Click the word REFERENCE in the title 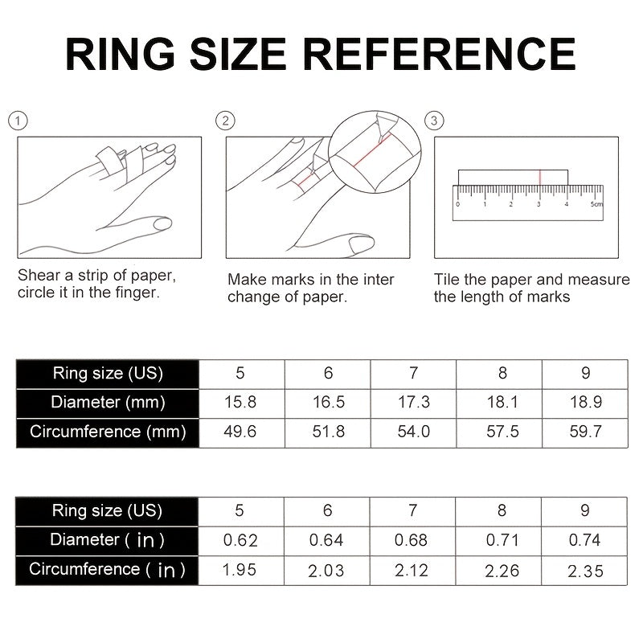point(440,54)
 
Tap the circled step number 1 point(18,121)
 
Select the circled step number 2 point(225,121)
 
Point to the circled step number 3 point(434,121)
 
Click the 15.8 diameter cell point(240,403)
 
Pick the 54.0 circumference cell point(413,432)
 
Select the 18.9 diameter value point(586,403)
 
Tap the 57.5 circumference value point(503,432)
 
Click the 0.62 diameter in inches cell point(240,540)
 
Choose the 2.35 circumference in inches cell point(586,571)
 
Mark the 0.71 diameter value point(502,540)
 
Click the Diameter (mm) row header point(108,403)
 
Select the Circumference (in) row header point(107,570)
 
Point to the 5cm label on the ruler point(596,204)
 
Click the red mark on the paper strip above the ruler point(540,177)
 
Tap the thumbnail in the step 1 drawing point(162,223)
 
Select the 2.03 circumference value point(326,571)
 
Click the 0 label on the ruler point(457,204)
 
